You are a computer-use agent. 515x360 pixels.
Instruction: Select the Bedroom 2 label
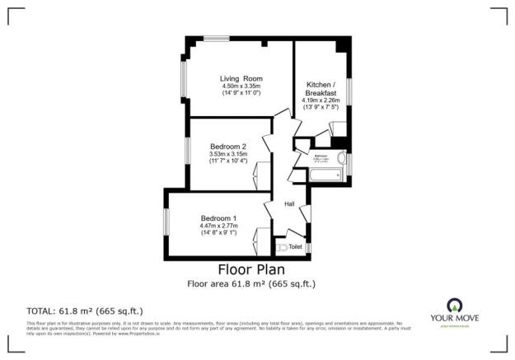228,146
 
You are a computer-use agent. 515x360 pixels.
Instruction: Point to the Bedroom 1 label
218,217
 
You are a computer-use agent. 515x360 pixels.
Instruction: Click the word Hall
289,204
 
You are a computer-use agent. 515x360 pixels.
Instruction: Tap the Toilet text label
295,245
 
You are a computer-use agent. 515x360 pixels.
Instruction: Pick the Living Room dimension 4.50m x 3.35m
241,86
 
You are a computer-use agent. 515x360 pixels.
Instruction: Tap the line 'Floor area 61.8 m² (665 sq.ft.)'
251,284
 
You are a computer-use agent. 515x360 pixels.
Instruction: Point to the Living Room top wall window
218,39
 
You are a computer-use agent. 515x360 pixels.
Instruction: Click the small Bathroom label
321,155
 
